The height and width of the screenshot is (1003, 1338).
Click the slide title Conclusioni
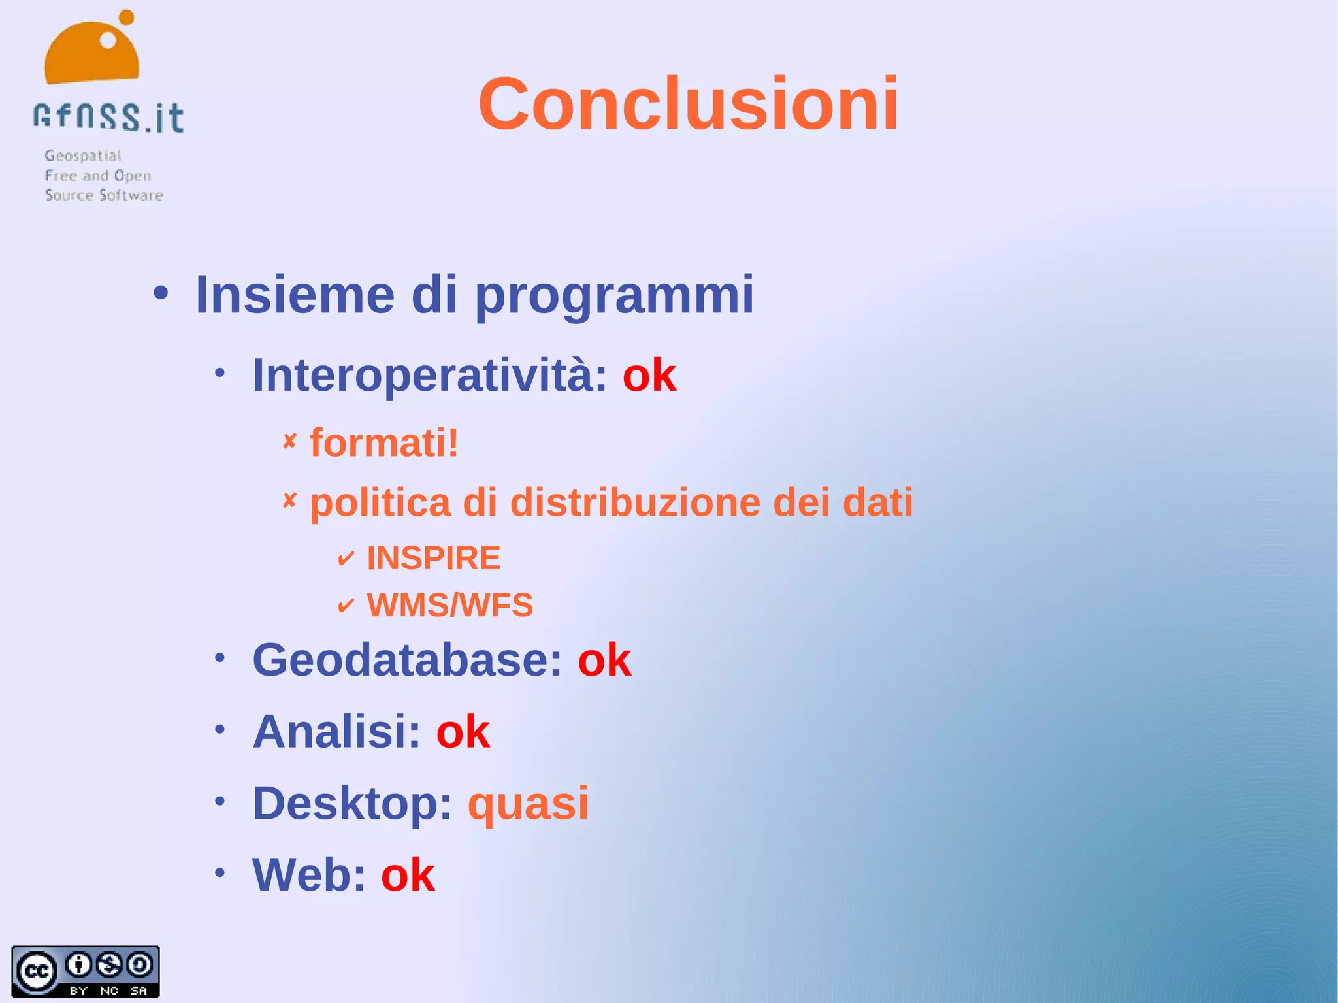(x=688, y=105)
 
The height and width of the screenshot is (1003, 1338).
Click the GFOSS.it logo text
(x=108, y=118)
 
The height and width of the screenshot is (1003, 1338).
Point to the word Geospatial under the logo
(x=83, y=156)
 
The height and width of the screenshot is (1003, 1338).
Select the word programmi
(x=613, y=295)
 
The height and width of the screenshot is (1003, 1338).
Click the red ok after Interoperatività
(x=649, y=376)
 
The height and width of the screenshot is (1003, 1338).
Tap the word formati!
(x=384, y=443)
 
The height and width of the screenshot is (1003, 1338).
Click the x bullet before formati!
(x=289, y=441)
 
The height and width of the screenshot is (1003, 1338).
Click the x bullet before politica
(x=289, y=501)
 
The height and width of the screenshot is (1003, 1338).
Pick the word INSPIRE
(x=434, y=558)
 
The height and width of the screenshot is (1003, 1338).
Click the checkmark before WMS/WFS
(x=346, y=606)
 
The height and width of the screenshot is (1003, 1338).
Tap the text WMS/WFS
(x=449, y=605)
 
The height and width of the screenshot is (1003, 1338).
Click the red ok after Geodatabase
(x=604, y=660)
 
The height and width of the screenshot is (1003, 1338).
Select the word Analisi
(x=336, y=731)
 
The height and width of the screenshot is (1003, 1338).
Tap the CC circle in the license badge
(x=37, y=971)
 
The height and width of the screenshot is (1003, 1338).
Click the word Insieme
(x=295, y=295)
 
